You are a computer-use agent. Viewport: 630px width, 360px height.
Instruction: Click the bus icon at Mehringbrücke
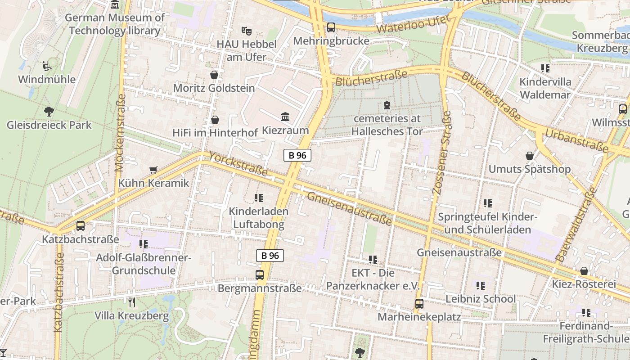tap(331, 27)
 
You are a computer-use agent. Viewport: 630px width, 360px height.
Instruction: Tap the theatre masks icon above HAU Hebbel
tap(246, 31)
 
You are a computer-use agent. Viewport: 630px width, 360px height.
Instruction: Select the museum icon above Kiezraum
tap(285, 117)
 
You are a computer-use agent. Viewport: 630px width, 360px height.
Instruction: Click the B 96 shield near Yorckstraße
tap(297, 155)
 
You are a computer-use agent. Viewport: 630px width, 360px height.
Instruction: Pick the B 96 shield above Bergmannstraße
tap(270, 256)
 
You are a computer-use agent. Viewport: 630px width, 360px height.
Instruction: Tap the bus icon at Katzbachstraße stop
tap(81, 226)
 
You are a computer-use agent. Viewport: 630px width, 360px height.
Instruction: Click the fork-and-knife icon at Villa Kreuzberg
tap(131, 302)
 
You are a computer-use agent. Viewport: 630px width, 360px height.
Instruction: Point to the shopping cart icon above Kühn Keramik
tap(153, 170)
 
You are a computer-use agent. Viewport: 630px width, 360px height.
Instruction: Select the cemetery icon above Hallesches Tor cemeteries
tap(387, 106)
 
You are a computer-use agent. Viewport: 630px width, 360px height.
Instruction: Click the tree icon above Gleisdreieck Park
tap(49, 111)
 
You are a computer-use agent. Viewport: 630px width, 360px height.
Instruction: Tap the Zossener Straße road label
tap(441, 153)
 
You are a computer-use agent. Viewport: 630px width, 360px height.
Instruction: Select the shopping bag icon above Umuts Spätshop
tap(530, 156)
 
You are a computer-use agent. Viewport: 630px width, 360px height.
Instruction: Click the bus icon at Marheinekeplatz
tap(419, 304)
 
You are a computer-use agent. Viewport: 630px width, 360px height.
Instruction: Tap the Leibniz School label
tap(481, 299)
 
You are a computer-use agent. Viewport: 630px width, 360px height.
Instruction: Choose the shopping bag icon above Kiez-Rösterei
tap(584, 271)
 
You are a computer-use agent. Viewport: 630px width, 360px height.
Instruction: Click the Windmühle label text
tap(47, 80)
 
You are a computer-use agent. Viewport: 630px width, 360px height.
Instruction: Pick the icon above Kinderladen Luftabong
tap(258, 198)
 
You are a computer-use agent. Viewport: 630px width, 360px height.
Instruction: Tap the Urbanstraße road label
tap(576, 139)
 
